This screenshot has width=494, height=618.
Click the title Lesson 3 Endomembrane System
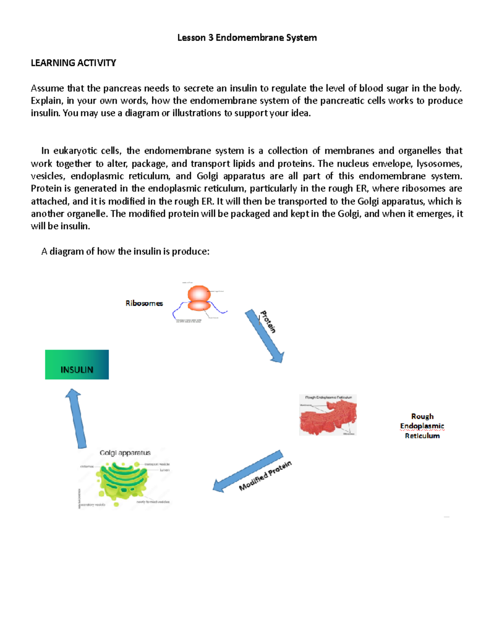point(247,38)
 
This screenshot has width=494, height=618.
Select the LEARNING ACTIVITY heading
point(73,63)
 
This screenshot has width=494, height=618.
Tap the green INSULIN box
point(77,365)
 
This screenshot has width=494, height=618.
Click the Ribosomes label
point(144,303)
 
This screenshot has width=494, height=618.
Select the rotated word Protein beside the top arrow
point(268,321)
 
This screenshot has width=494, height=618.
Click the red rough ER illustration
point(328,416)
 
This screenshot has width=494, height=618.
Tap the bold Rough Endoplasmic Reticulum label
point(422,426)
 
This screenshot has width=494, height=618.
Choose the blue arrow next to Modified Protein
point(248,471)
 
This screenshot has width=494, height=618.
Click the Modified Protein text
point(266,476)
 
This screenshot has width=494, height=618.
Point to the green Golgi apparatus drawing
point(123,481)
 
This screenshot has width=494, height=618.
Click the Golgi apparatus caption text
point(125,453)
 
